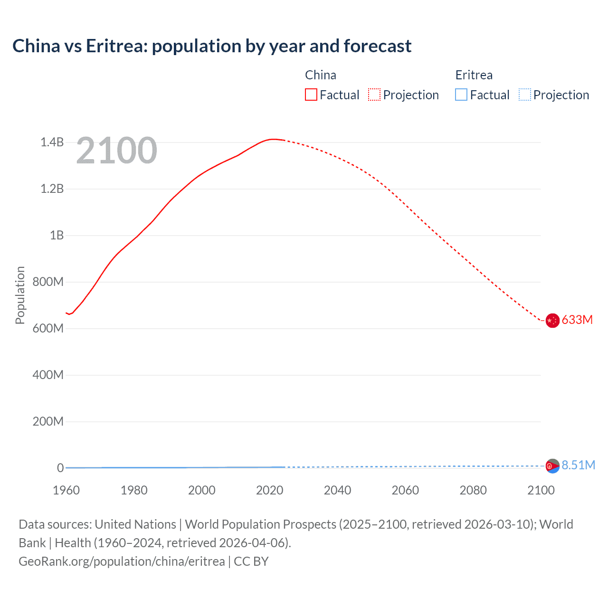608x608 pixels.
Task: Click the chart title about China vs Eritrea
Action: point(212,46)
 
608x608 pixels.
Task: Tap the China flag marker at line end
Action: point(552,321)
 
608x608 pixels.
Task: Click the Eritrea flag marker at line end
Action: point(552,466)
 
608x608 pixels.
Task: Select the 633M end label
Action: point(577,320)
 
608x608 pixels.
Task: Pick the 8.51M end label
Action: point(578,465)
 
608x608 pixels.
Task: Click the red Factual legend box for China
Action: point(311,95)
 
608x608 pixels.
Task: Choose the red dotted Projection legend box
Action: point(374,95)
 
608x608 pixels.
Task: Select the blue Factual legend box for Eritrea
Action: point(461,95)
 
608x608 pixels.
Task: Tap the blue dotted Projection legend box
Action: point(524,95)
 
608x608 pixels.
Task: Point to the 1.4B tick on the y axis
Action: point(52,142)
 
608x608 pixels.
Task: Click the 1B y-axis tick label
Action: point(57,235)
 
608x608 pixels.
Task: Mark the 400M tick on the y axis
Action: point(48,375)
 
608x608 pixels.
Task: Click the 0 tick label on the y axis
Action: point(60,468)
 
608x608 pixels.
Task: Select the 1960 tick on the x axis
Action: point(66,490)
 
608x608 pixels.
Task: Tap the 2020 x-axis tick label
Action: point(270,490)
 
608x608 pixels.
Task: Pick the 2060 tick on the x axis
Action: point(405,490)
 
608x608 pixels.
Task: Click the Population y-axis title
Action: point(20,295)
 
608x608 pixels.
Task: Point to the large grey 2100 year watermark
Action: point(116,151)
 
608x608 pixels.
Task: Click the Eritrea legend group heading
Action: point(474,75)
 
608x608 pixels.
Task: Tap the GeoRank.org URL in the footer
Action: point(122,561)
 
